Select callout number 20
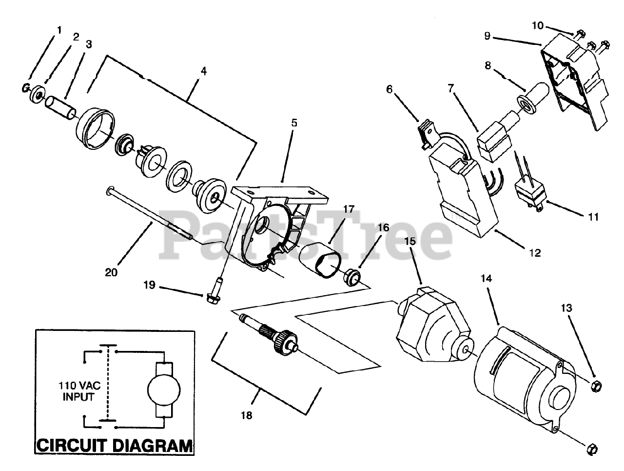coord(111,272)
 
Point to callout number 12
coord(535,253)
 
